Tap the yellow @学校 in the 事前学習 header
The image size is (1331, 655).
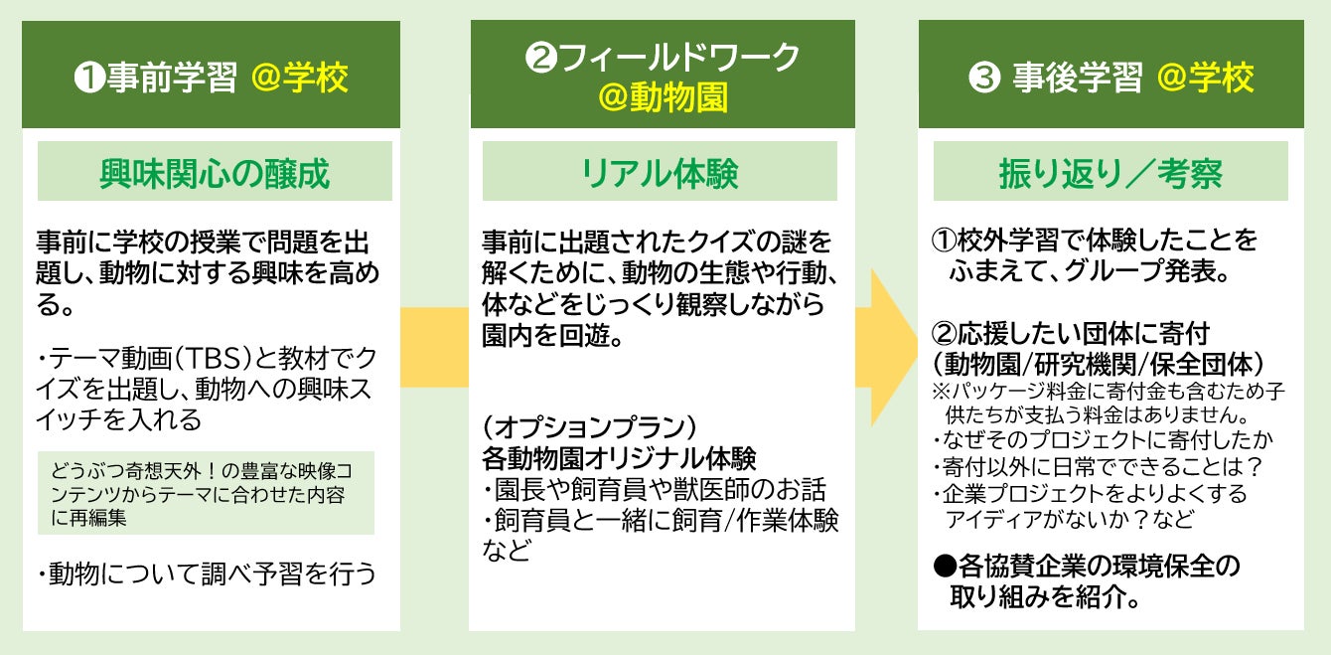300,78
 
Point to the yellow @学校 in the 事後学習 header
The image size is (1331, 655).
1206,78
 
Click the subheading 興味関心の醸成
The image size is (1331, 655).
215,173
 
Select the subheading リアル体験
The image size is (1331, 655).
660,173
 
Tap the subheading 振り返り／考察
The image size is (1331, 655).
1109,173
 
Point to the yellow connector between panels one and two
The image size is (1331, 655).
434,347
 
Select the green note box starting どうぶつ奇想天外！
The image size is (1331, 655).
207,493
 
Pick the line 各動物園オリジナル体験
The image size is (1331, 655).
619,459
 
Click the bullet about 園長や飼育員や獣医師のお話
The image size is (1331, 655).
655,490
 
